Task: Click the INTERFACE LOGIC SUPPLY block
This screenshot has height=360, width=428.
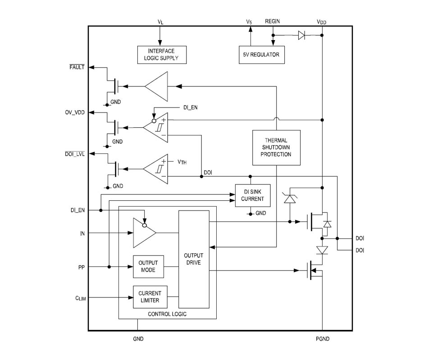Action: [162, 55]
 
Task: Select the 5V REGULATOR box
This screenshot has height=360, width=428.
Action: [262, 55]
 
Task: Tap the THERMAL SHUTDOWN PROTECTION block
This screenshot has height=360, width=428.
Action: [276, 148]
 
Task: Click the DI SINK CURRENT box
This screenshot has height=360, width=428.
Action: [253, 195]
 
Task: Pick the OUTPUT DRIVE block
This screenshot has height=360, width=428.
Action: [194, 259]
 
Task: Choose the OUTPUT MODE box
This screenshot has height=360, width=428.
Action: [149, 266]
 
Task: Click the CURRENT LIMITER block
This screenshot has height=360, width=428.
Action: [150, 297]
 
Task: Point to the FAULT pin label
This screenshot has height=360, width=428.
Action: [77, 67]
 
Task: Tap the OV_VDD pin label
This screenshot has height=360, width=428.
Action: [75, 112]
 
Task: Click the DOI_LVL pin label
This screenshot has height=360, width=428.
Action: [75, 154]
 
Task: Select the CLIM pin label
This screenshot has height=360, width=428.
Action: [81, 298]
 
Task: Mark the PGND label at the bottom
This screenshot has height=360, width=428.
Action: [323, 339]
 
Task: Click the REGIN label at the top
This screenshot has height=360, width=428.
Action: [273, 21]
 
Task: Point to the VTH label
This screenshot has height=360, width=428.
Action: [182, 162]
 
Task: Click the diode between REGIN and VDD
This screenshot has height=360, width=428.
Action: [301, 35]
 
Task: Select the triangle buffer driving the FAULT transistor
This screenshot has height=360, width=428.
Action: [156, 86]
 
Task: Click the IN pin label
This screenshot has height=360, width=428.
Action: [82, 234]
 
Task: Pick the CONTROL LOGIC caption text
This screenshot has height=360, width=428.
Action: [167, 314]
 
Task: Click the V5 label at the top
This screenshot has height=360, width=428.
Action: [249, 22]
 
